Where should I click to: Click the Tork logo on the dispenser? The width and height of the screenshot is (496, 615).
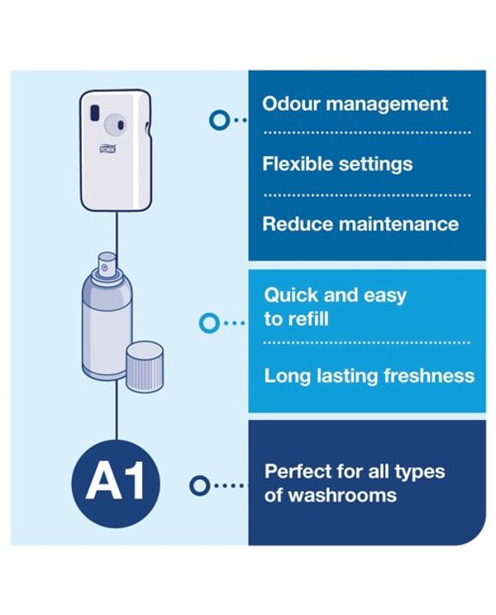click(107, 149)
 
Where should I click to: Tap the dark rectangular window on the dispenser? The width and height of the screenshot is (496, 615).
click(94, 112)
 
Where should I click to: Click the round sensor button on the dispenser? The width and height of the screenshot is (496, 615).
click(115, 124)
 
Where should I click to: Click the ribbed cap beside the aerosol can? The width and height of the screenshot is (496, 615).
click(145, 366)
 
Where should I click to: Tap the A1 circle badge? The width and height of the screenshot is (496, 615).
click(116, 484)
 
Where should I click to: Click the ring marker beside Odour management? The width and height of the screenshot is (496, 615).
click(219, 120)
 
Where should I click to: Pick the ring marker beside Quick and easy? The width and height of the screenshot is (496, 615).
click(209, 323)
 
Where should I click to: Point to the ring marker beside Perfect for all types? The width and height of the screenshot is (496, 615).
click(199, 485)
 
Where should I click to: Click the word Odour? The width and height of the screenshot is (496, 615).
click(291, 104)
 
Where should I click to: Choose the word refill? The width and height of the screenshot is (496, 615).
click(306, 319)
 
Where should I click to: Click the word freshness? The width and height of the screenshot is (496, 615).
click(429, 376)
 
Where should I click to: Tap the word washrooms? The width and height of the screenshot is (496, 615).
click(342, 495)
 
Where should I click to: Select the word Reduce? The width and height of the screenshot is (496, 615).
click(298, 224)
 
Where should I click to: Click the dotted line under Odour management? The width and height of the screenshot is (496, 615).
click(367, 132)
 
